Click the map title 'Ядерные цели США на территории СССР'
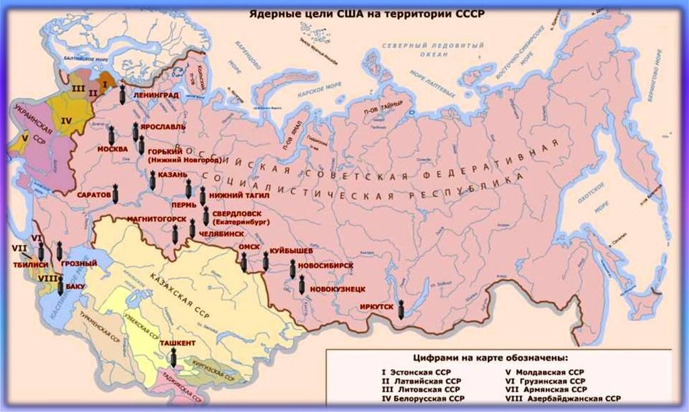click(367, 13)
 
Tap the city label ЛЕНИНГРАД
click(156, 96)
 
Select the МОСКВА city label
click(112, 149)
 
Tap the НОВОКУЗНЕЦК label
click(338, 289)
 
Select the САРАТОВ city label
click(94, 195)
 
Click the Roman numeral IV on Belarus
click(66, 121)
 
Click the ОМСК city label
click(249, 247)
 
